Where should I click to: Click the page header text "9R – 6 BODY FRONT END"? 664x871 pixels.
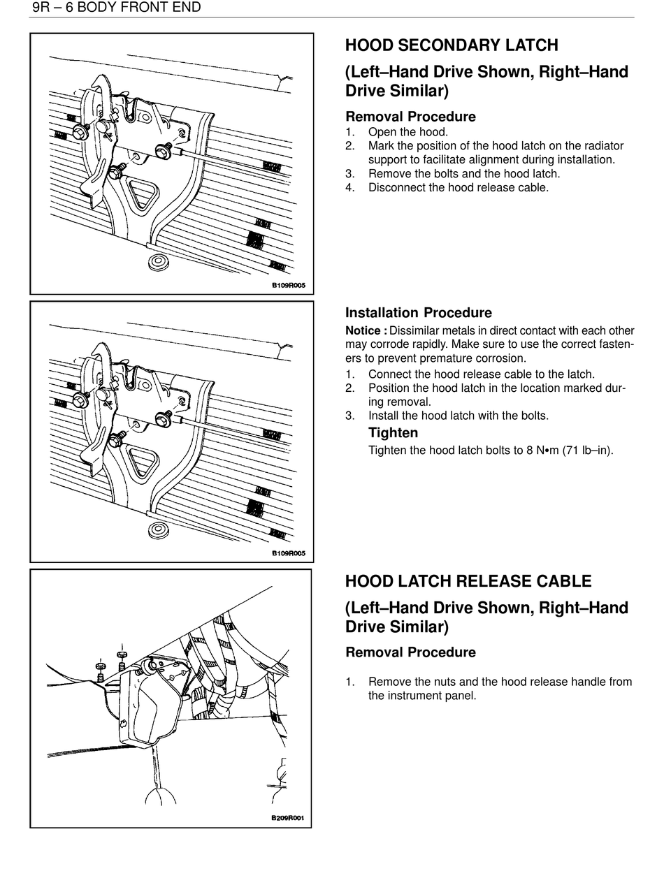(x=116, y=8)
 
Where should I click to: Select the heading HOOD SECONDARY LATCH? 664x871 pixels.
(x=451, y=46)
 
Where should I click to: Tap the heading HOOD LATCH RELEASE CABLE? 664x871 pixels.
(x=468, y=581)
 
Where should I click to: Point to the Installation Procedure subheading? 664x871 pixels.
(x=418, y=313)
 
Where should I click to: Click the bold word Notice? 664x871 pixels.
(x=366, y=331)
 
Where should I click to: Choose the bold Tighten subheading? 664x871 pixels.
(x=393, y=433)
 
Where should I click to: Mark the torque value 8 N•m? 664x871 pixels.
(x=544, y=451)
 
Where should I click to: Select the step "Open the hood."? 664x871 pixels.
(x=407, y=132)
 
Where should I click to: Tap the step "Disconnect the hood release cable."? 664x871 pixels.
(x=458, y=188)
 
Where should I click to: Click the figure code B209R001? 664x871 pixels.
(x=288, y=819)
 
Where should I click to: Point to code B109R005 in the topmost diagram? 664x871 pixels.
(x=289, y=285)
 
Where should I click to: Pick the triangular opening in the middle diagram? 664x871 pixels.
(x=143, y=458)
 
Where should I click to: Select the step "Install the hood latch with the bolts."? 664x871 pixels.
(x=458, y=416)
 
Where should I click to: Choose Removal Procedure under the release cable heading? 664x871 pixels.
(x=410, y=652)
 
